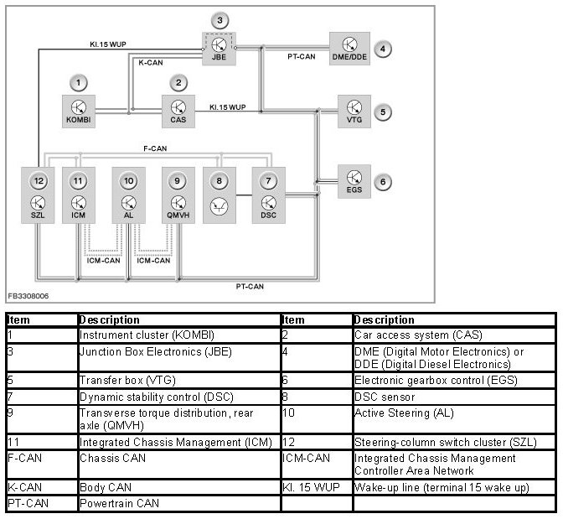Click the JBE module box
point(219,49)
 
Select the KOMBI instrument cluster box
point(78,111)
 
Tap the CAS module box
point(178,111)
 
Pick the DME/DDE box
point(349,49)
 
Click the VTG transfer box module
point(354,112)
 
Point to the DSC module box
point(268,195)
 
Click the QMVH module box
point(178,195)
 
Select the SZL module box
point(38,195)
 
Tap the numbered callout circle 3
point(219,20)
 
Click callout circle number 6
point(382,181)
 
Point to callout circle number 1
point(78,82)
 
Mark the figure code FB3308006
point(28,296)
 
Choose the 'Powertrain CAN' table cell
point(116,504)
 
